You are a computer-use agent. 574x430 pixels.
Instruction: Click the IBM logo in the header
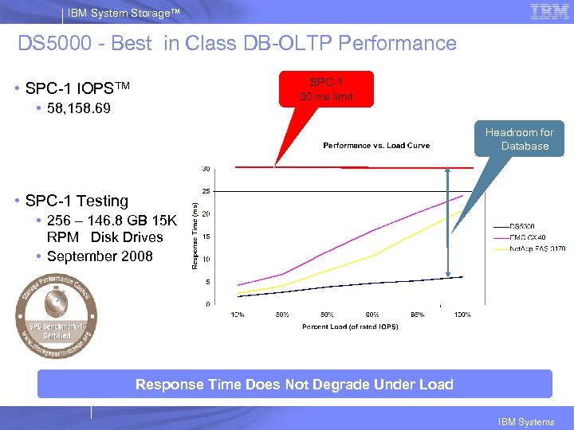click(549, 11)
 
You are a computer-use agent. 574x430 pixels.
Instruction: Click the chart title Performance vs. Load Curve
click(375, 146)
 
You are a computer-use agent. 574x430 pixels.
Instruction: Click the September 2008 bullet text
click(100, 256)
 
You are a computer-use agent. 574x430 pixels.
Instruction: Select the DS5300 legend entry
click(521, 227)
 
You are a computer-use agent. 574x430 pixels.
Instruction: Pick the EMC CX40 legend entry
click(525, 237)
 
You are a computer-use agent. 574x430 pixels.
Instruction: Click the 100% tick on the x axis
click(462, 315)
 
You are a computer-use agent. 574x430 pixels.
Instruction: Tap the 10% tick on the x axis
click(238, 315)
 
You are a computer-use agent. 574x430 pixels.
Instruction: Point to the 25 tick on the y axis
click(206, 192)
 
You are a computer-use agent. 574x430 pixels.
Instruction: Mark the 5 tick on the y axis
click(207, 282)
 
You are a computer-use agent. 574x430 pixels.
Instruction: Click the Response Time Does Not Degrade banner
click(294, 385)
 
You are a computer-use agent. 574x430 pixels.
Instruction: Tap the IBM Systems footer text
click(525, 422)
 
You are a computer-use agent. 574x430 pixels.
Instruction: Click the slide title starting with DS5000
click(237, 43)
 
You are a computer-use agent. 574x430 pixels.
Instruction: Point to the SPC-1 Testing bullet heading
click(77, 201)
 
